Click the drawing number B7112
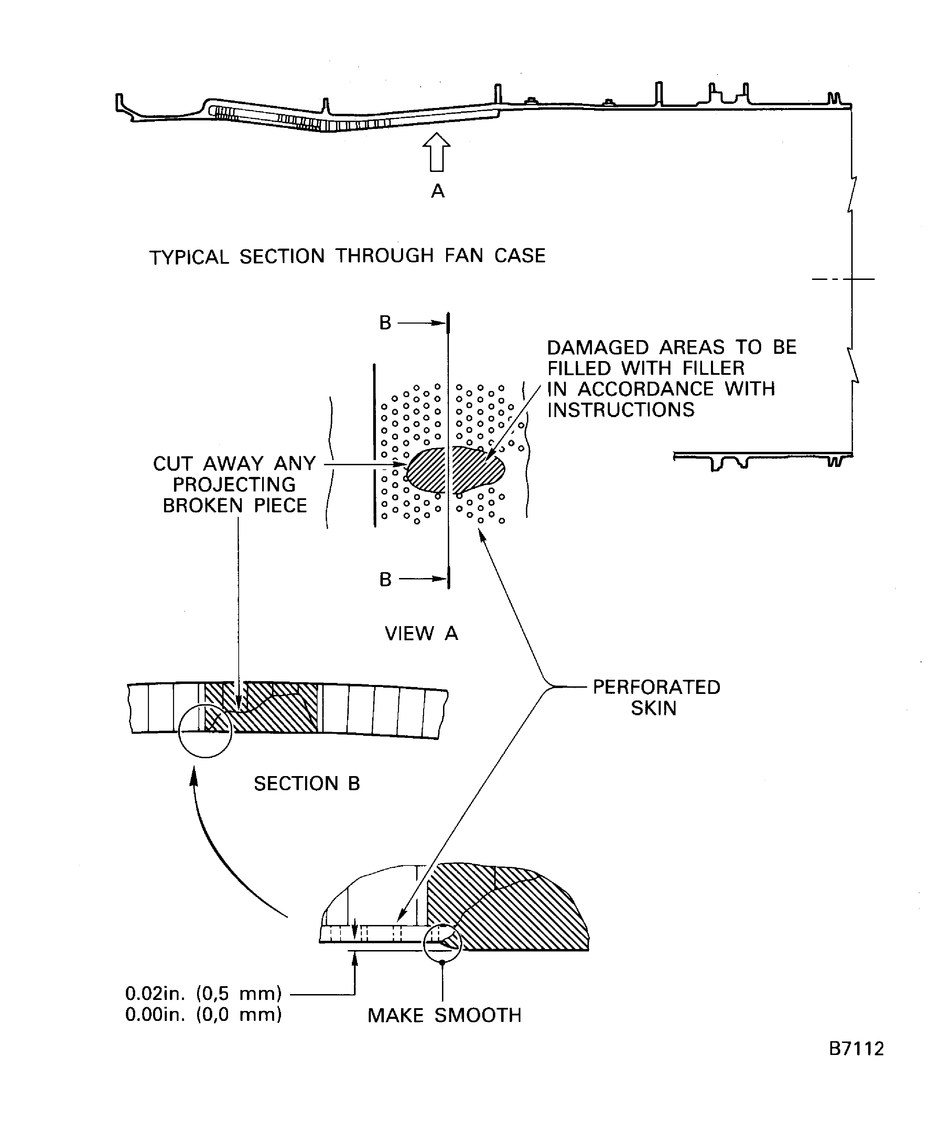pyautogui.click(x=856, y=1048)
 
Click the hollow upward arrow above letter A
pyautogui.click(x=436, y=152)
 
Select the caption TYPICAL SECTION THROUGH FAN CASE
pyautogui.click(x=347, y=257)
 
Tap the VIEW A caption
pyautogui.click(x=421, y=634)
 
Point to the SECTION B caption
pyautogui.click(x=307, y=784)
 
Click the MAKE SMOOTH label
pyautogui.click(x=444, y=1015)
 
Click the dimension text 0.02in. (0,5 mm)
pyautogui.click(x=203, y=993)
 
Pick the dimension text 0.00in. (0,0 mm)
pyautogui.click(x=203, y=1014)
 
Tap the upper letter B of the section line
pyautogui.click(x=385, y=323)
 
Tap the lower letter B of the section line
pyautogui.click(x=385, y=579)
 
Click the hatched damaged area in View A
pyautogui.click(x=456, y=470)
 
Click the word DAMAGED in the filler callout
pyautogui.click(x=598, y=347)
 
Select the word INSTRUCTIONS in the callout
pyautogui.click(x=621, y=410)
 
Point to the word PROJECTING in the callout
pyautogui.click(x=234, y=484)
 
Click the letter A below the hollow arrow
pyautogui.click(x=438, y=191)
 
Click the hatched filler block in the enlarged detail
pyautogui.click(x=508, y=907)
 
